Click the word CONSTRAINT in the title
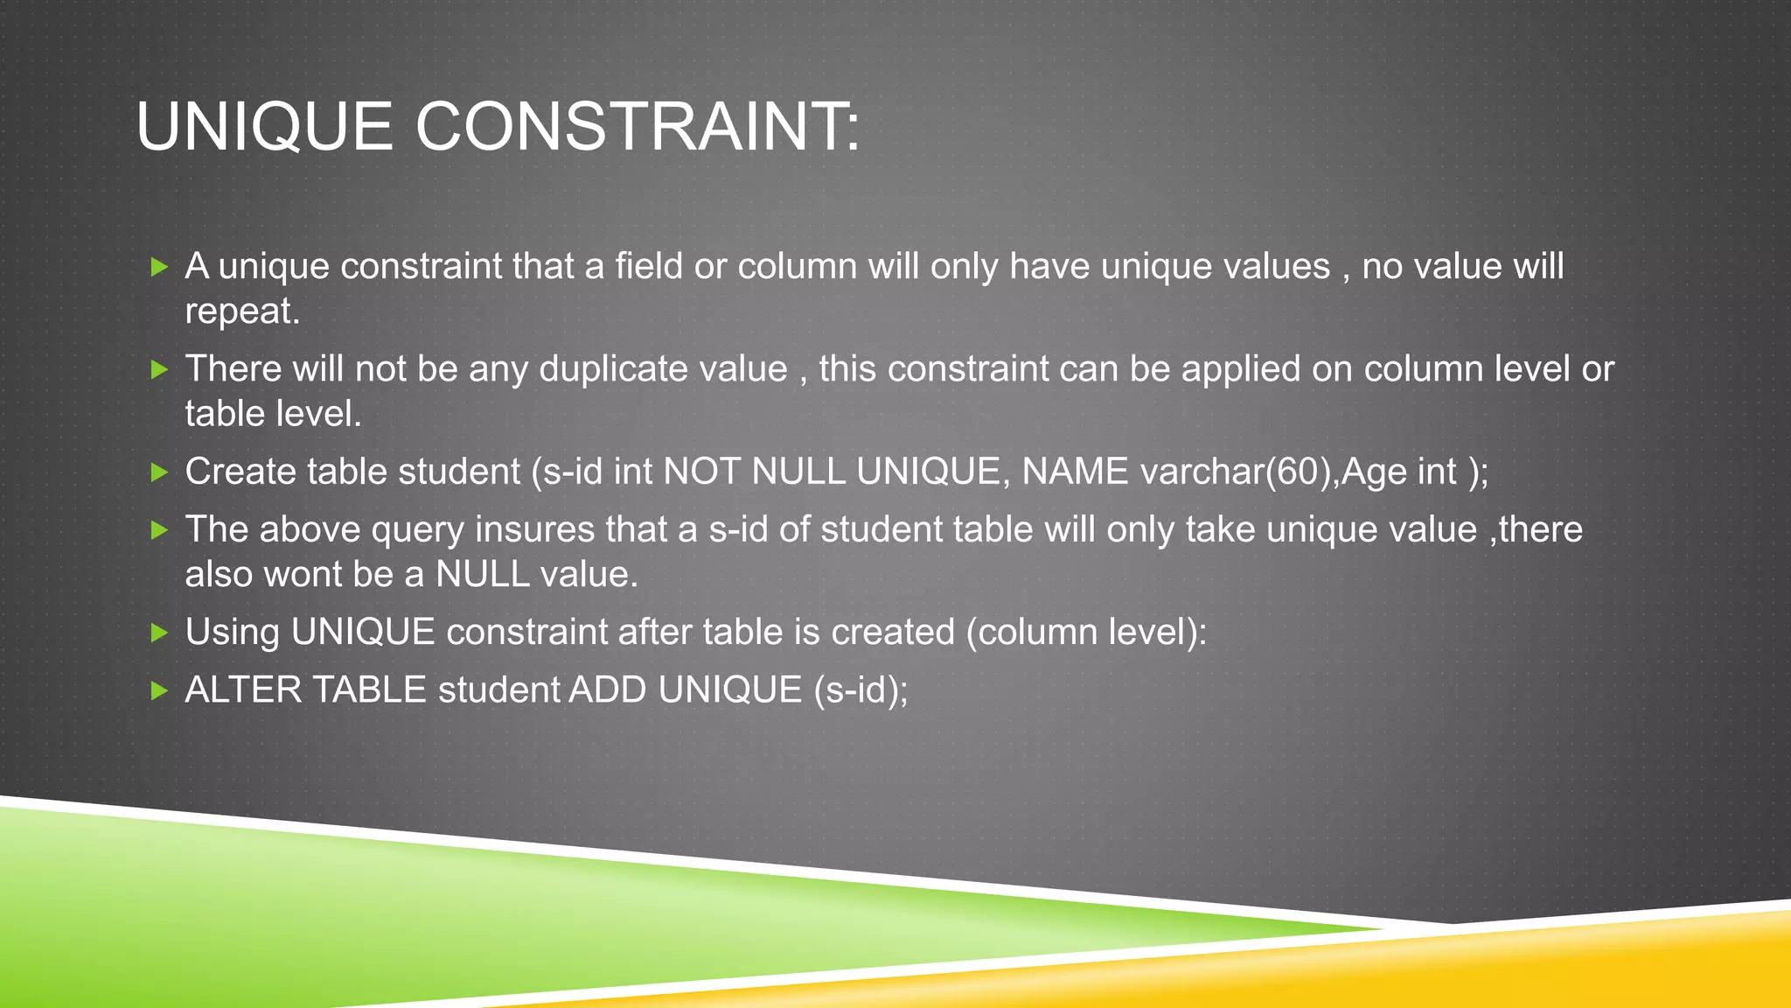[638, 127]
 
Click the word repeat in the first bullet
[241, 311]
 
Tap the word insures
[535, 530]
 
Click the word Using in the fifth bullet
[232, 633]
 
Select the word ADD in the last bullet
[609, 690]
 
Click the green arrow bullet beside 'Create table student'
[159, 473]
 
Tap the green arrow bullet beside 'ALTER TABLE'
[159, 691]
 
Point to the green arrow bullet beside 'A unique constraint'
[159, 267]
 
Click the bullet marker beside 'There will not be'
[159, 370]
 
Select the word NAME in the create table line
[1075, 472]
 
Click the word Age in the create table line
[1374, 472]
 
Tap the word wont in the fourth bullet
[303, 575]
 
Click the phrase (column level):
[1086, 633]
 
